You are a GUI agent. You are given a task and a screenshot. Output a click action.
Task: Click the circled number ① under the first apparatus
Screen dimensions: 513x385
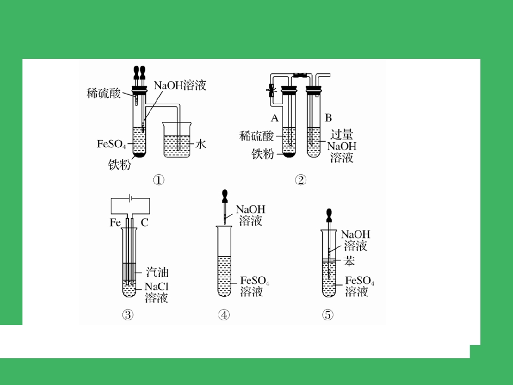click(x=159, y=180)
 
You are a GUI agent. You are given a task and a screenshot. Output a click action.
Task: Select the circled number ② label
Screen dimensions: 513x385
click(x=300, y=180)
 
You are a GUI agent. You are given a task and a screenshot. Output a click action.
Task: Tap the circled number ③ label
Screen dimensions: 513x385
click(x=128, y=314)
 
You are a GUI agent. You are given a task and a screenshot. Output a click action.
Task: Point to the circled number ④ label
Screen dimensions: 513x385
click(x=224, y=314)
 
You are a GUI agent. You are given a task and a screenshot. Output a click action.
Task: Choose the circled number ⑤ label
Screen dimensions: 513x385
click(x=328, y=314)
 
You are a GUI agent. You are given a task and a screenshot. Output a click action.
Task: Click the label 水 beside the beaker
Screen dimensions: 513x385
click(x=200, y=144)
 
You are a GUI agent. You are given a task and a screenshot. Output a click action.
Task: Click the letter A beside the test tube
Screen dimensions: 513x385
click(x=275, y=118)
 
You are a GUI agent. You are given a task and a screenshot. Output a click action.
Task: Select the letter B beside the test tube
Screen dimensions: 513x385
click(x=328, y=118)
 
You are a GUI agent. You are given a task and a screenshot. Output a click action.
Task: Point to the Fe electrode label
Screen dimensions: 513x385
click(x=115, y=222)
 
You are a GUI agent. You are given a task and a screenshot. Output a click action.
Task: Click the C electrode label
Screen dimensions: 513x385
click(x=145, y=222)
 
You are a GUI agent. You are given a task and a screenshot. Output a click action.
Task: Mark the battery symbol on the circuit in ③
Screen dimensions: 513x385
click(x=130, y=198)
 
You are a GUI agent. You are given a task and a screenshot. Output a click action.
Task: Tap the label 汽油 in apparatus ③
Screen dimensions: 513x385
click(x=157, y=272)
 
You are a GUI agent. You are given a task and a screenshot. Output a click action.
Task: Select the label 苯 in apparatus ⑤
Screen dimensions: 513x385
click(x=349, y=261)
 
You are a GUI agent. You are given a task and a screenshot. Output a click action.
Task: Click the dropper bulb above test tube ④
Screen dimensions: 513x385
click(x=224, y=196)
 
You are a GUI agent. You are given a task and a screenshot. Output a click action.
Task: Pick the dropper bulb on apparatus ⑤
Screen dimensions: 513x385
click(x=329, y=215)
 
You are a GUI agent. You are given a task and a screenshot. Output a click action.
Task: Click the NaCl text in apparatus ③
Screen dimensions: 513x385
click(x=157, y=287)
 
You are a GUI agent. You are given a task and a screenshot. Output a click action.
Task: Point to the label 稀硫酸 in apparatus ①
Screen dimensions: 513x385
click(x=104, y=93)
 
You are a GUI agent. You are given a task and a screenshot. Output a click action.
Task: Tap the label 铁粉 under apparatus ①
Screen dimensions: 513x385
click(x=119, y=164)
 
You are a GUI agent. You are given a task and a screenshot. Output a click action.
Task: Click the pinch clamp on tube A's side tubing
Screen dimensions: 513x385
click(x=271, y=90)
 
